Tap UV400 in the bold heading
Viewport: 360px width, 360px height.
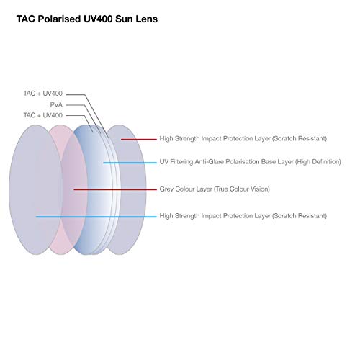[x=98, y=19]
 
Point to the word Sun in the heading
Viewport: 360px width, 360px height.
[x=125, y=19]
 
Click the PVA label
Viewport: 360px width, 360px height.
[x=56, y=105]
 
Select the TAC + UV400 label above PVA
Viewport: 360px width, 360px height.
[x=42, y=94]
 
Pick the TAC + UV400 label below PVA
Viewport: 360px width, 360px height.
[x=42, y=115]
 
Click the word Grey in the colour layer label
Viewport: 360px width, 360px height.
[x=166, y=189]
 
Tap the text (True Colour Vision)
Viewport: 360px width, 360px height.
[x=242, y=189]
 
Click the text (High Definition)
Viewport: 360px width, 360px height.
[x=318, y=162]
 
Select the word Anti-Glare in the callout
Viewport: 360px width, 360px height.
[x=210, y=162]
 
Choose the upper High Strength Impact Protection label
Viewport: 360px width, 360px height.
[x=243, y=138]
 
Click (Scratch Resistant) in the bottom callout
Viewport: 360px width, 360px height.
[x=300, y=216]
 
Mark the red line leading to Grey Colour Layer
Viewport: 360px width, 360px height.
[x=115, y=189]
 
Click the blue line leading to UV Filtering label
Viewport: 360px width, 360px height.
[x=130, y=163]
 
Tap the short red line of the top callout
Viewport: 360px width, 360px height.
[x=139, y=139]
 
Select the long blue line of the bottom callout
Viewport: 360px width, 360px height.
[x=96, y=217]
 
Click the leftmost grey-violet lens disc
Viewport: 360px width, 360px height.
[x=36, y=189]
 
